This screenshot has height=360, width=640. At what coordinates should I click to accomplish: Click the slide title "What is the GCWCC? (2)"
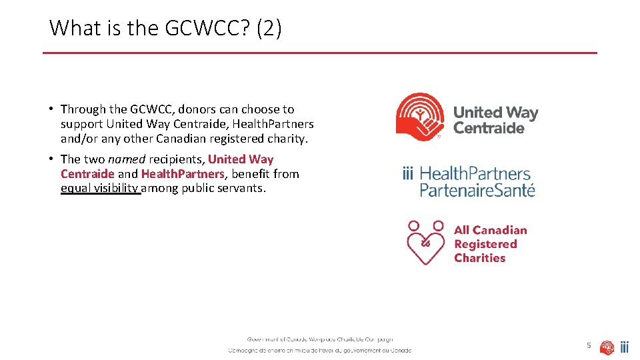pyautogui.click(x=165, y=28)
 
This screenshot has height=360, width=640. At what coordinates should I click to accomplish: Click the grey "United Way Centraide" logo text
pyautogui.click(x=495, y=121)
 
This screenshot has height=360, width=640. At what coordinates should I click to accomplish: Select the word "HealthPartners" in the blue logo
pyautogui.click(x=475, y=174)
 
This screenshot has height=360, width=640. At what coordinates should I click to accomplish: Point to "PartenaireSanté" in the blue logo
pyautogui.click(x=477, y=189)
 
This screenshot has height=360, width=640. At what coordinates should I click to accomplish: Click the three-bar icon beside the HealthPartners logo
pyautogui.click(x=408, y=174)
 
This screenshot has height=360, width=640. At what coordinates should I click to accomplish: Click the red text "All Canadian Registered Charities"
pyautogui.click(x=490, y=244)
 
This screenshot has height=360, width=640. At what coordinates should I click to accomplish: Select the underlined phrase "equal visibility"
pyautogui.click(x=100, y=188)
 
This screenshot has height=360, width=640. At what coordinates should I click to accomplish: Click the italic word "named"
pyautogui.click(x=126, y=159)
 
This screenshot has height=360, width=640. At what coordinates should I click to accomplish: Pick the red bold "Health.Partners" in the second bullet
pyautogui.click(x=183, y=174)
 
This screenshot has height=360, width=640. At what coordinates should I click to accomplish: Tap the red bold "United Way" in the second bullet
pyautogui.click(x=241, y=159)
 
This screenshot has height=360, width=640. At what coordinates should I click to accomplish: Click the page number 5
pyautogui.click(x=589, y=345)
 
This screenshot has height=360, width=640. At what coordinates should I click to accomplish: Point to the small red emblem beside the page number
pyautogui.click(x=607, y=347)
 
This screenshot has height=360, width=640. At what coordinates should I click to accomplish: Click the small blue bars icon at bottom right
pyautogui.click(x=625, y=347)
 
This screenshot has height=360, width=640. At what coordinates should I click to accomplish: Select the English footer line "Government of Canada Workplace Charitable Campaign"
pyautogui.click(x=320, y=339)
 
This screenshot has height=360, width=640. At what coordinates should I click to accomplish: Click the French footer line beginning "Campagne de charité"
pyautogui.click(x=320, y=350)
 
